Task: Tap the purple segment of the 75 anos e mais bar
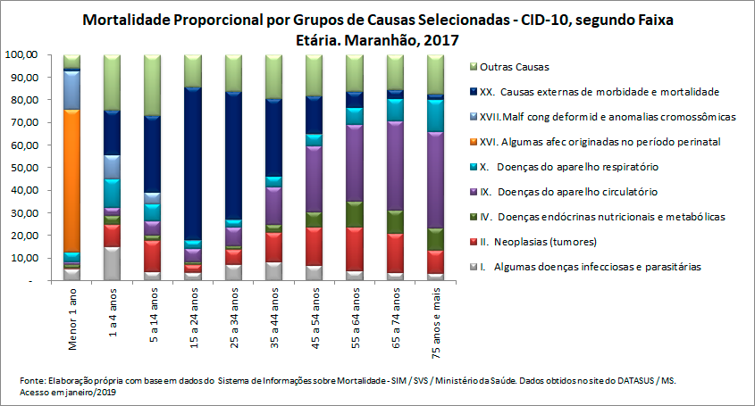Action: tap(436, 179)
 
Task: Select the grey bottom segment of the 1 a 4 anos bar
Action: tap(112, 262)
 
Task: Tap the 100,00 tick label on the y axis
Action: tap(21, 54)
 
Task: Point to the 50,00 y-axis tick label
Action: tap(22, 168)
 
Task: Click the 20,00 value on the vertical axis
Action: tap(22, 236)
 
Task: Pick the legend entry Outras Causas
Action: tap(514, 67)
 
